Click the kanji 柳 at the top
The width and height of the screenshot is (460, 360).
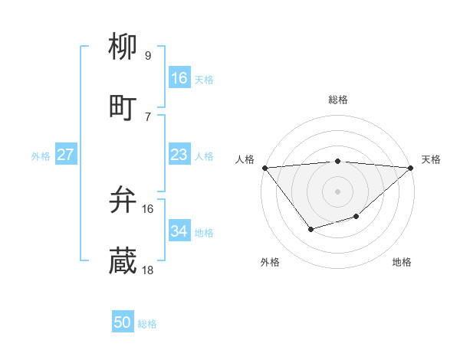tap(123, 47)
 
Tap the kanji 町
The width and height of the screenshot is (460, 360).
tap(123, 106)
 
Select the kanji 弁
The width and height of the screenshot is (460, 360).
tap(123, 201)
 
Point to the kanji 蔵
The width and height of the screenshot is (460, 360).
tap(123, 261)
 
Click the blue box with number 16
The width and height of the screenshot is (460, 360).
tap(179, 78)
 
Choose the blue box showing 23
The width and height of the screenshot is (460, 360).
tap(179, 155)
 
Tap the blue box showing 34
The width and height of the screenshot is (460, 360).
tap(179, 231)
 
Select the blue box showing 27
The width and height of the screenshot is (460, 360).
tap(65, 155)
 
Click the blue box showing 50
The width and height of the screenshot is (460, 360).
tap(123, 322)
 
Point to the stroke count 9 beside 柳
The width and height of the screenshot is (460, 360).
tap(147, 55)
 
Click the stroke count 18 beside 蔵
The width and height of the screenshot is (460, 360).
tap(148, 270)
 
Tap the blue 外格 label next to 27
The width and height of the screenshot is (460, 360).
tap(41, 156)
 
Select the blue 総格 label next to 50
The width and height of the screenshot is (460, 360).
tap(147, 324)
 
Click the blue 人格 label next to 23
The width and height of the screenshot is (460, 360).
tap(204, 156)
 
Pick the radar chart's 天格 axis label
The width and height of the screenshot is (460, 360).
tap(431, 159)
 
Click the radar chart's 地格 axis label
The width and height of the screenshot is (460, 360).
tap(402, 262)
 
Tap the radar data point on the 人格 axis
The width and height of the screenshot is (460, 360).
tap(264, 168)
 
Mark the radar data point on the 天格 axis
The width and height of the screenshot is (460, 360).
tap(411, 168)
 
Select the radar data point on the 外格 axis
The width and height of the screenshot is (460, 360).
tap(310, 229)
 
